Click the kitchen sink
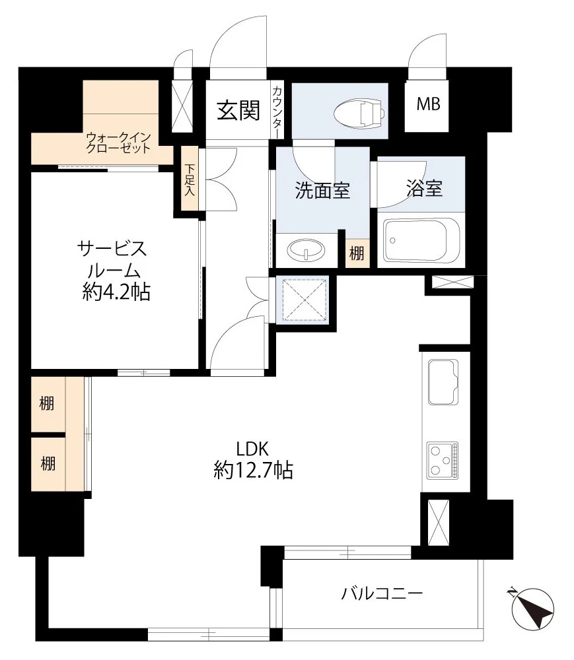(445, 382)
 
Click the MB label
(429, 104)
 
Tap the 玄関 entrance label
(238, 110)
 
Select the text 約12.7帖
(253, 470)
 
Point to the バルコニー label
(382, 593)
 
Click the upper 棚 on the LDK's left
(48, 405)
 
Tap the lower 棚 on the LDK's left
(48, 463)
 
